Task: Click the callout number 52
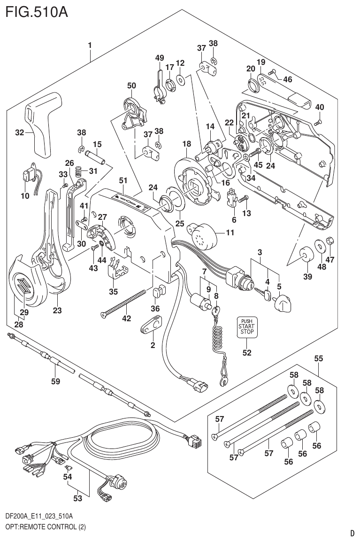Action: click(x=246, y=353)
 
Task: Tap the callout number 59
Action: click(x=55, y=381)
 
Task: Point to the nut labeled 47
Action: click(x=330, y=241)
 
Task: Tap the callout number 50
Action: click(x=131, y=85)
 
